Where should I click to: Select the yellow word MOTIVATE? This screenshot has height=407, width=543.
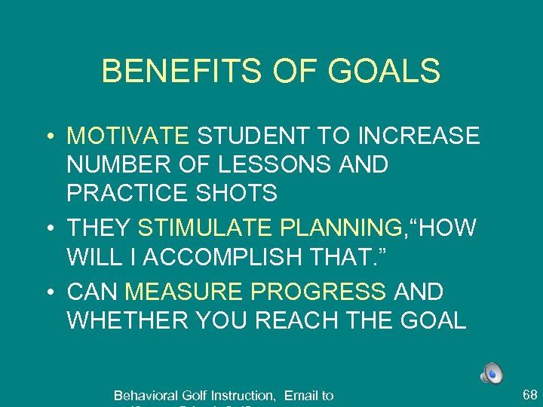coord(127,136)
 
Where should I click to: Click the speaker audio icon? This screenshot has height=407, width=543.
coord(490,373)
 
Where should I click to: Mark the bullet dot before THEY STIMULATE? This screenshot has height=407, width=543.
coord(47,228)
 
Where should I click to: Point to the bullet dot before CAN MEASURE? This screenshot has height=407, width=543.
coord(47,291)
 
